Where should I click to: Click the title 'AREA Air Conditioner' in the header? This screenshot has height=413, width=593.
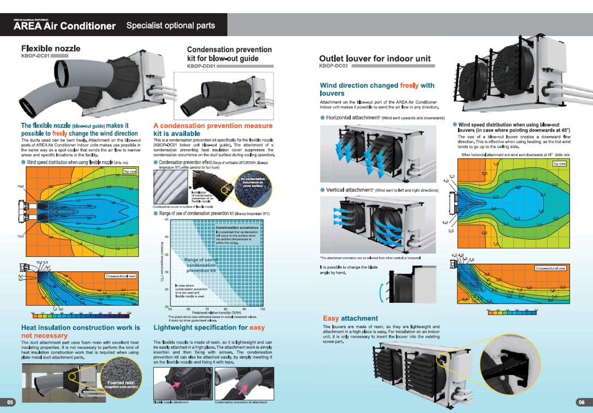[65, 26]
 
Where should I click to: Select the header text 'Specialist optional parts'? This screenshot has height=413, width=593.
[170, 26]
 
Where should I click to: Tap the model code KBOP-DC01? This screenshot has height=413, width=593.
[34, 56]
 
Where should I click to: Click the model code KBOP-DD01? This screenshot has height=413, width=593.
[201, 66]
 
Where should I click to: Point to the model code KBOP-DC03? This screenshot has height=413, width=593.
[333, 66]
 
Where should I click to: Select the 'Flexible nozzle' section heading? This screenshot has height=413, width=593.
[50, 48]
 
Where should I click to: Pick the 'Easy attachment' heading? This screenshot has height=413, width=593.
[350, 318]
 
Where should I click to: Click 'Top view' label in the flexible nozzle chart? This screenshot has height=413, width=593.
[130, 171]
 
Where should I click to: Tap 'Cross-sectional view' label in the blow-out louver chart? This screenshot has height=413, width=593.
[551, 268]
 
